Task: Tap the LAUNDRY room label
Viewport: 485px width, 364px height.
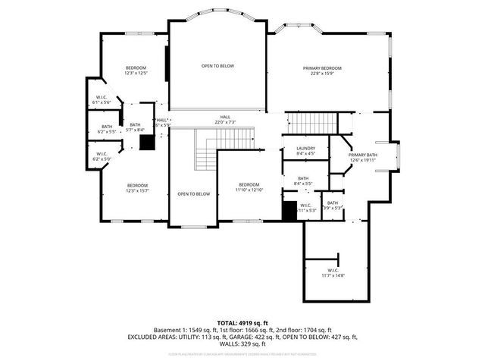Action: [x=296, y=150]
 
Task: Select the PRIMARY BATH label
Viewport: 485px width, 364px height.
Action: [x=363, y=157]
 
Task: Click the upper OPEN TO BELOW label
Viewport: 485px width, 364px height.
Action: [x=217, y=67]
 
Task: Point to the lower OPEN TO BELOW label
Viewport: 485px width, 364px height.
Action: [x=193, y=194]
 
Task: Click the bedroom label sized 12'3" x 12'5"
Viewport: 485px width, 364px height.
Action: [x=136, y=71]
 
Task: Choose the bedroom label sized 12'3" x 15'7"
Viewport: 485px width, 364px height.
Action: [x=137, y=188]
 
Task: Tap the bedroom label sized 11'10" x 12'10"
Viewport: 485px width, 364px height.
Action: [x=249, y=187]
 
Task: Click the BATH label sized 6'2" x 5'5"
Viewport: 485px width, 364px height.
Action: [x=107, y=129]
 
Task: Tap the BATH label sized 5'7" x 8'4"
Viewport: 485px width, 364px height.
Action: [x=135, y=127]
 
